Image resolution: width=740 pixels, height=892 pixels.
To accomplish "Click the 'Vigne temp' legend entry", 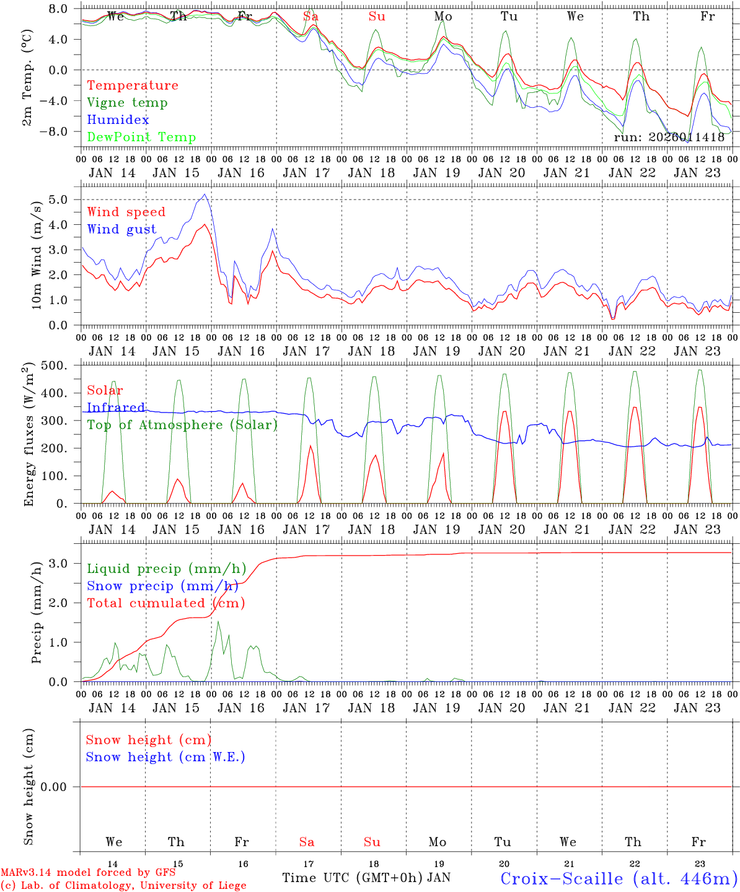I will point(127,103).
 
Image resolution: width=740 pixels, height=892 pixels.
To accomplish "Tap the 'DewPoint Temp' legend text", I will point(141,138).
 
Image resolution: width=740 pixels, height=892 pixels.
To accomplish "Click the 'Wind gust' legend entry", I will point(121,229).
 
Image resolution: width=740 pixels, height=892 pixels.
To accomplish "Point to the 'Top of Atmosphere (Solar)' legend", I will point(182,425).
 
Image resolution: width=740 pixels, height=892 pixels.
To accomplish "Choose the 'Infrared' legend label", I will point(116,408).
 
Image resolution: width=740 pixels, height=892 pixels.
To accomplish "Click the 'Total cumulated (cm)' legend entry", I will point(165,603).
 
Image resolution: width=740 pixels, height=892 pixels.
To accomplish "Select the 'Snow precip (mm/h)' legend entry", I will point(162,586).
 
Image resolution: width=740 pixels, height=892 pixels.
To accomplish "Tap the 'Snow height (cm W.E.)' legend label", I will point(165,757).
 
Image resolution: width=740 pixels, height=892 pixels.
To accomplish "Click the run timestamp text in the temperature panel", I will point(669,138).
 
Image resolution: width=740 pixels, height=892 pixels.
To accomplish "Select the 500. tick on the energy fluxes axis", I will point(54,365).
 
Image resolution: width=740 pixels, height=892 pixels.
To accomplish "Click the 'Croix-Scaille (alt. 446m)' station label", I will point(619,879).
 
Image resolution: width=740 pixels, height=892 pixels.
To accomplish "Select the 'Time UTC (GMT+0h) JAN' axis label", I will point(366,878).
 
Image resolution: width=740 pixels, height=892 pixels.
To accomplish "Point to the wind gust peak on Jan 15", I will point(205,195).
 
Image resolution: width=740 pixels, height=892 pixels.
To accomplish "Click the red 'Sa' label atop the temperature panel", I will point(311,17).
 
